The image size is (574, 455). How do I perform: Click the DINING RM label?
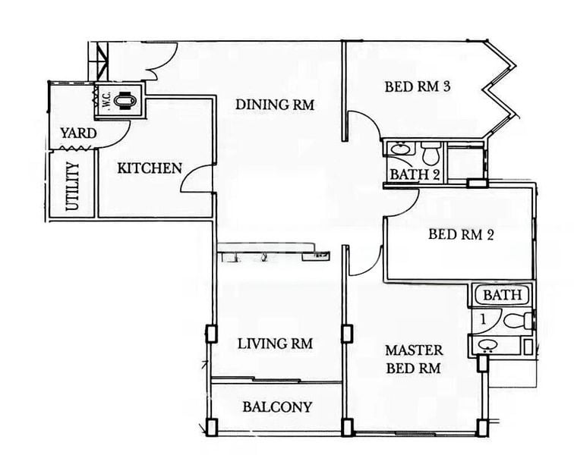click(x=274, y=104)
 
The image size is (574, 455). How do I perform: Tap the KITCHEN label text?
click(x=149, y=168)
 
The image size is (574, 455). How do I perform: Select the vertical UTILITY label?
click(x=73, y=187)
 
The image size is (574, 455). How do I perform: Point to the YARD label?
click(x=78, y=133)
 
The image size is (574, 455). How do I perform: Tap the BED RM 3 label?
click(x=418, y=86)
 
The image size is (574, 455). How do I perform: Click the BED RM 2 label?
click(x=461, y=234)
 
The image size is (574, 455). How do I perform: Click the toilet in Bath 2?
click(x=431, y=154)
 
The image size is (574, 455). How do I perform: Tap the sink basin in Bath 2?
click(x=399, y=149)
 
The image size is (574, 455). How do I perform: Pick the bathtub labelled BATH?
click(x=502, y=294)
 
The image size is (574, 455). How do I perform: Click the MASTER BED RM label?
click(x=413, y=359)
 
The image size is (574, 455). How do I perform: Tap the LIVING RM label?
click(x=275, y=344)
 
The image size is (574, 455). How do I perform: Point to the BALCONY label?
click(x=277, y=406)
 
